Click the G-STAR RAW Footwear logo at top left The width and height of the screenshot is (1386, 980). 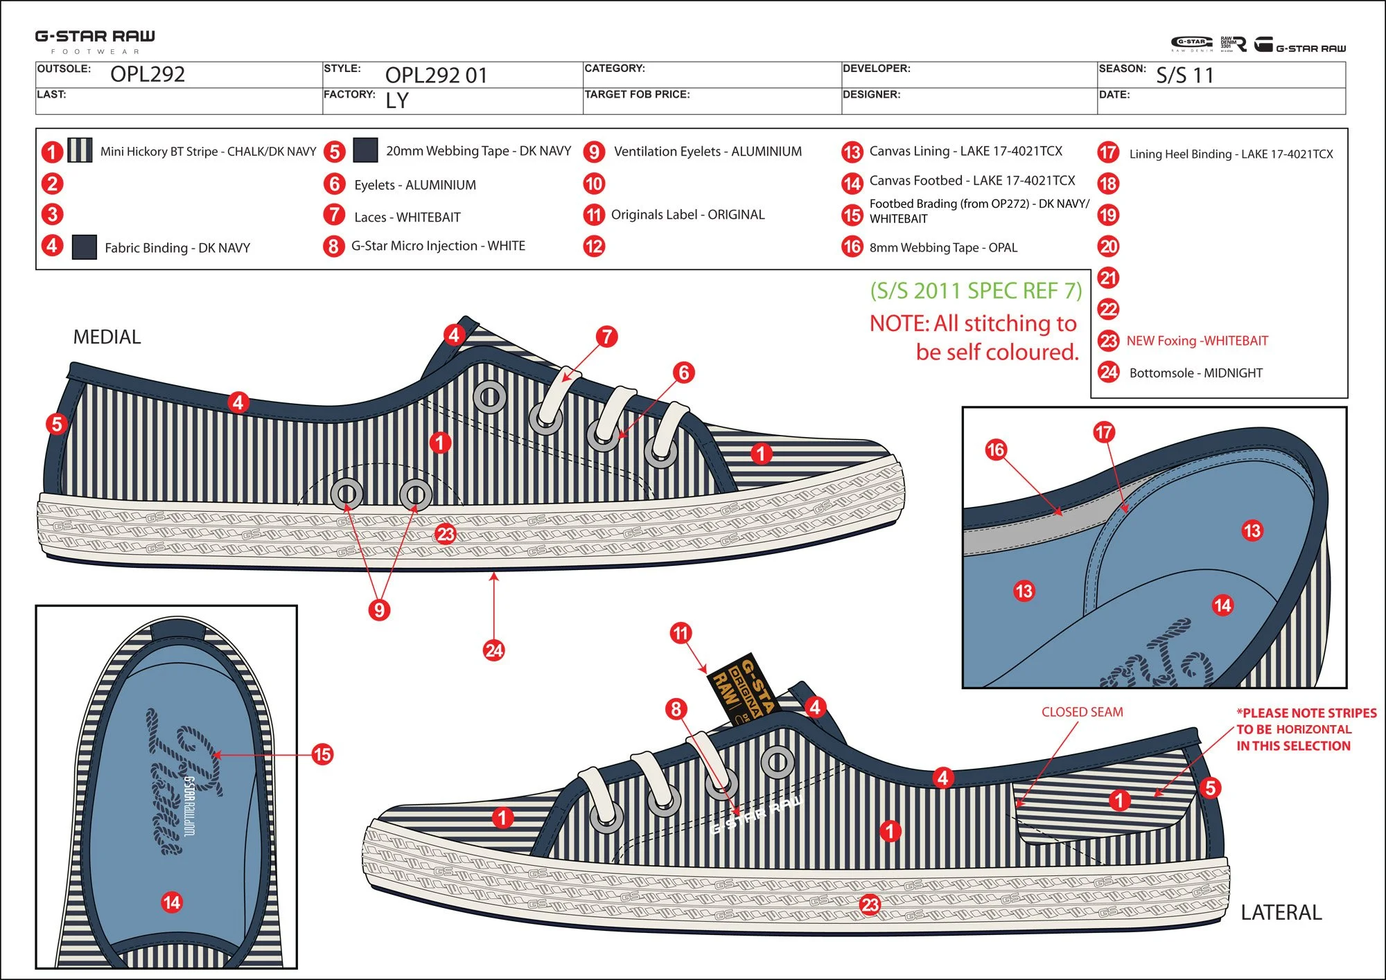(x=95, y=40)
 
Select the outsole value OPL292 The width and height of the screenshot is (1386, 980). (x=148, y=74)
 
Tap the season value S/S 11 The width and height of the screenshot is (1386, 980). (x=1185, y=75)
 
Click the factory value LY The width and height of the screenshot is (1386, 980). (x=397, y=100)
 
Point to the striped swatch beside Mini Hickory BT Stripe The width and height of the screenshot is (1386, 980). (x=80, y=150)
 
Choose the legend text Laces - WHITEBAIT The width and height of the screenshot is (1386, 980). (x=407, y=217)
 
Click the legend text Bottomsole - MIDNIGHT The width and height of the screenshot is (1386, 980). (x=1195, y=373)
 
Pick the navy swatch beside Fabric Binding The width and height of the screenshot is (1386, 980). (x=84, y=247)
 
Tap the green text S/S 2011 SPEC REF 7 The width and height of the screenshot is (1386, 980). (x=976, y=291)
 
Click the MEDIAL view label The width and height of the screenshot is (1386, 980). (x=107, y=337)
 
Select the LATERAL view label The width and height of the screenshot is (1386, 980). (x=1281, y=912)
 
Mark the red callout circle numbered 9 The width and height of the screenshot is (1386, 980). (x=379, y=609)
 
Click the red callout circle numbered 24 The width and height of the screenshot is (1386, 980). (x=493, y=650)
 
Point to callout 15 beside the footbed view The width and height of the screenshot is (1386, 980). (x=322, y=754)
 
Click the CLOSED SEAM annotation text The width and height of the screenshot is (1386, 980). (x=1082, y=712)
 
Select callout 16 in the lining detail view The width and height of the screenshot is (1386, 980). (x=995, y=449)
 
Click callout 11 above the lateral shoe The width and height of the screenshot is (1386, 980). (x=681, y=632)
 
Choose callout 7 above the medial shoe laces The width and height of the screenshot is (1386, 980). (x=607, y=337)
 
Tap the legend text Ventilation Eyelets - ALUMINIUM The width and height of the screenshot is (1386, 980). (x=708, y=151)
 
